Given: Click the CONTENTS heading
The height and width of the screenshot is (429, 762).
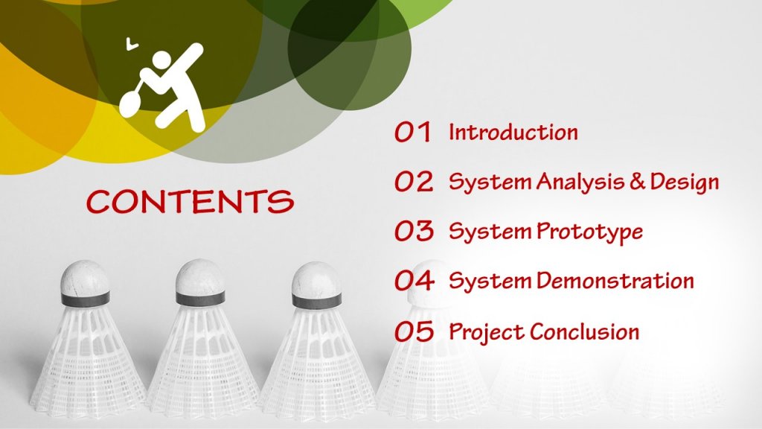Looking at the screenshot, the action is click(x=190, y=201).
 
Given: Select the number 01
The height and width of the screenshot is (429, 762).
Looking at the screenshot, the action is click(x=412, y=133).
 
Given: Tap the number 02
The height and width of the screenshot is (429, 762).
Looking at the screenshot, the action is click(x=414, y=182).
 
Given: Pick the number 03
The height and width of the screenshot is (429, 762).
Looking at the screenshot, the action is click(x=414, y=231).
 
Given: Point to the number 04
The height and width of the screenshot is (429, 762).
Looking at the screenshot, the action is click(x=414, y=281).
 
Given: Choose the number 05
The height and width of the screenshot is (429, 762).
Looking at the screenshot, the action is click(x=414, y=331).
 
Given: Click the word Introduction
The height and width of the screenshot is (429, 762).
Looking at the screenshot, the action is click(x=513, y=133).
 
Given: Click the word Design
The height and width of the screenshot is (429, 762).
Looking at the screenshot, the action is click(x=685, y=182).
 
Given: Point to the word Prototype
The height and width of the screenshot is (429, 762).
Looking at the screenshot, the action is click(x=589, y=232).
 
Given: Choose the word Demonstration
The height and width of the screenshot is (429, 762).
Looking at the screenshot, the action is click(x=615, y=281).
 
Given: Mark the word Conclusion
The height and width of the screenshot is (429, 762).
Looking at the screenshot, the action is click(x=585, y=331).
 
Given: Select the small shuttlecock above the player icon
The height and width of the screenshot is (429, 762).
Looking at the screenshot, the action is click(x=131, y=44).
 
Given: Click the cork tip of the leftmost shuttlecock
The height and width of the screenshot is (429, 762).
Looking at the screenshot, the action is click(x=85, y=277).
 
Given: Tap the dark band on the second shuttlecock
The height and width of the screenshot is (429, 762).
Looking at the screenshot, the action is click(x=200, y=299).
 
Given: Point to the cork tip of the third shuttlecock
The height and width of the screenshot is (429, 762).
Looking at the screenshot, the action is click(x=316, y=279).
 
